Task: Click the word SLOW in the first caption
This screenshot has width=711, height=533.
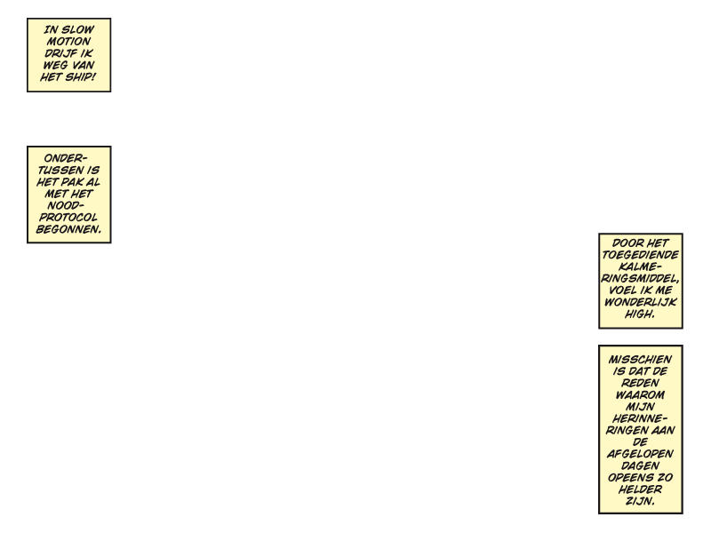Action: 77,30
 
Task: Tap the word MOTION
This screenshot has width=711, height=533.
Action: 69,42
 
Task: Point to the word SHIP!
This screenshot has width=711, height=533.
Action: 80,77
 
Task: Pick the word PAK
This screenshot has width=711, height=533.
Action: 71,182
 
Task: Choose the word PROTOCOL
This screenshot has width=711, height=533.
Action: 68,218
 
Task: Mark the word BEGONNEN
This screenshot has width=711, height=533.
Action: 68,229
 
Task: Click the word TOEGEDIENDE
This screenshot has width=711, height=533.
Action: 640,255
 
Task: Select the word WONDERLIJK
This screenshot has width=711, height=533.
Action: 640,302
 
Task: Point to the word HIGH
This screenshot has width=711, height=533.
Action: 640,314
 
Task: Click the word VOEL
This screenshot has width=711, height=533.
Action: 621,290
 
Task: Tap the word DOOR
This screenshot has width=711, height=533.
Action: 626,243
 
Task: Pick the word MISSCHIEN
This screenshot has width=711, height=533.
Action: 640,360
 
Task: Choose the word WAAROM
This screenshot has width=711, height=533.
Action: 640,395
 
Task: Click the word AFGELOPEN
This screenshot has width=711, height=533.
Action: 640,454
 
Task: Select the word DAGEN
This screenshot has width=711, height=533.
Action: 640,465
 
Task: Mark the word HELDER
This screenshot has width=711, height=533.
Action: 640,489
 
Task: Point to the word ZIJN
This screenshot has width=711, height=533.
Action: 640,501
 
